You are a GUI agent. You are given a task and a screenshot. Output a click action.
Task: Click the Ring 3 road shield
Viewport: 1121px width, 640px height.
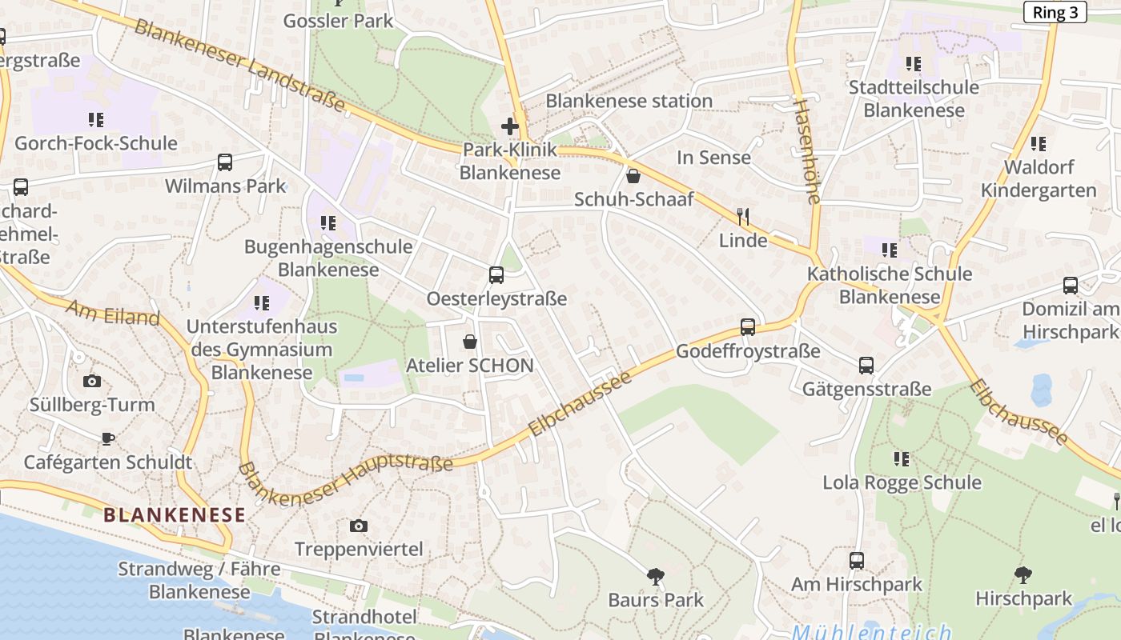click(x=1055, y=12)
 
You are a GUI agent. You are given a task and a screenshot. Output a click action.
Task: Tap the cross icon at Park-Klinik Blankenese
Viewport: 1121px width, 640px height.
click(x=510, y=126)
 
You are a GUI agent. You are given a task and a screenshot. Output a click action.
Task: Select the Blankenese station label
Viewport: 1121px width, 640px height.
click(x=629, y=101)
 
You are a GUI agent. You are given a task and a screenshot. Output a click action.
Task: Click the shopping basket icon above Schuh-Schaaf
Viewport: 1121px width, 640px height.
click(x=633, y=176)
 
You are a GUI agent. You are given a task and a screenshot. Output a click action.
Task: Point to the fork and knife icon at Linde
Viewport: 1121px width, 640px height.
click(x=743, y=216)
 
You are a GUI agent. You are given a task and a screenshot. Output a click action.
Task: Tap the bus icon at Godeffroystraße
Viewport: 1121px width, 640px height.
click(x=748, y=326)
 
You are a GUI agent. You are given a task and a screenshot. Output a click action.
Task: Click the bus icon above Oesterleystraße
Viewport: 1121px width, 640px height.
click(x=496, y=275)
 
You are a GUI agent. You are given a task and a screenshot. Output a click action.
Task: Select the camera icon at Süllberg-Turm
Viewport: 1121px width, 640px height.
click(x=92, y=381)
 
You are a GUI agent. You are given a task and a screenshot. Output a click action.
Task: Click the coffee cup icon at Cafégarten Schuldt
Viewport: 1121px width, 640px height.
click(x=108, y=438)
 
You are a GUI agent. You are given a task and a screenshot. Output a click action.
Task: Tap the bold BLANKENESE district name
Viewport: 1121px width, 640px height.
click(x=174, y=515)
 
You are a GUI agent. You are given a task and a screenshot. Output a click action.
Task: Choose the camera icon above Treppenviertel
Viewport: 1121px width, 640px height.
click(x=359, y=526)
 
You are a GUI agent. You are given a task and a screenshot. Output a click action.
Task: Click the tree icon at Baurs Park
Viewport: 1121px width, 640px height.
click(x=656, y=576)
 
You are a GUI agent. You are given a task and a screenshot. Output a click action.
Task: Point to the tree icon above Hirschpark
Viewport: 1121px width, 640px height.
click(x=1023, y=574)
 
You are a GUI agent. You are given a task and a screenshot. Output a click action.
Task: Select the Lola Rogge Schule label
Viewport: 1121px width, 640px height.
click(x=902, y=482)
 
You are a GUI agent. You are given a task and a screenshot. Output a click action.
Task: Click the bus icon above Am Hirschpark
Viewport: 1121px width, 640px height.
click(x=857, y=560)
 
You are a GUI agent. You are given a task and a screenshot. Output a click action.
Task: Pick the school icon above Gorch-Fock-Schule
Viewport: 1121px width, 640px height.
click(x=96, y=120)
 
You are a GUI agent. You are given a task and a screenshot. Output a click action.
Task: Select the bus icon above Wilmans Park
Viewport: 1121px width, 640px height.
click(x=225, y=162)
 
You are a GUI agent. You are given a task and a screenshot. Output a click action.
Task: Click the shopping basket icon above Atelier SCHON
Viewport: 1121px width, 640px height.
click(x=470, y=342)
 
